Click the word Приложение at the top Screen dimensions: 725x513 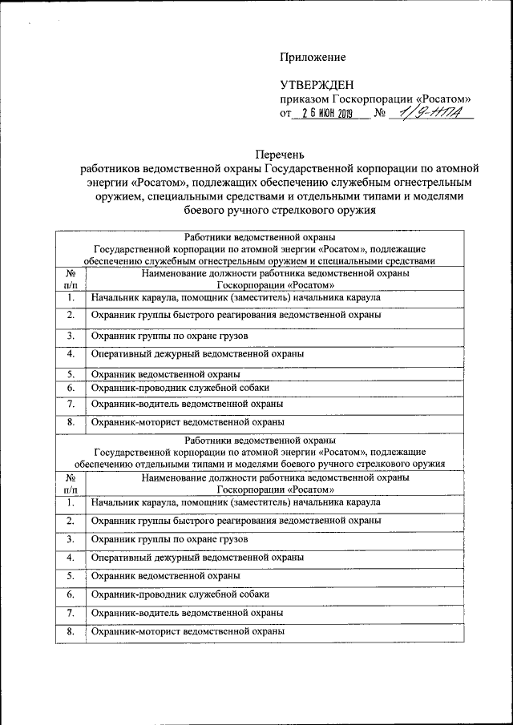coord(313,57)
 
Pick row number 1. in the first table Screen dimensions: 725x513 coord(71,298)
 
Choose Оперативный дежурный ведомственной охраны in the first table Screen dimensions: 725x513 coord(197,354)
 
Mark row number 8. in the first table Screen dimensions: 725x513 coord(71,421)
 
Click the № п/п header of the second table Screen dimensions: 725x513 coord(71,482)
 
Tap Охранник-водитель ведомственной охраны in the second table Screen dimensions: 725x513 coord(187,613)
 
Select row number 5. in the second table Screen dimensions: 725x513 coord(71,576)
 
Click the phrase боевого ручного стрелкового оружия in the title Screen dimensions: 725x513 coord(280,210)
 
